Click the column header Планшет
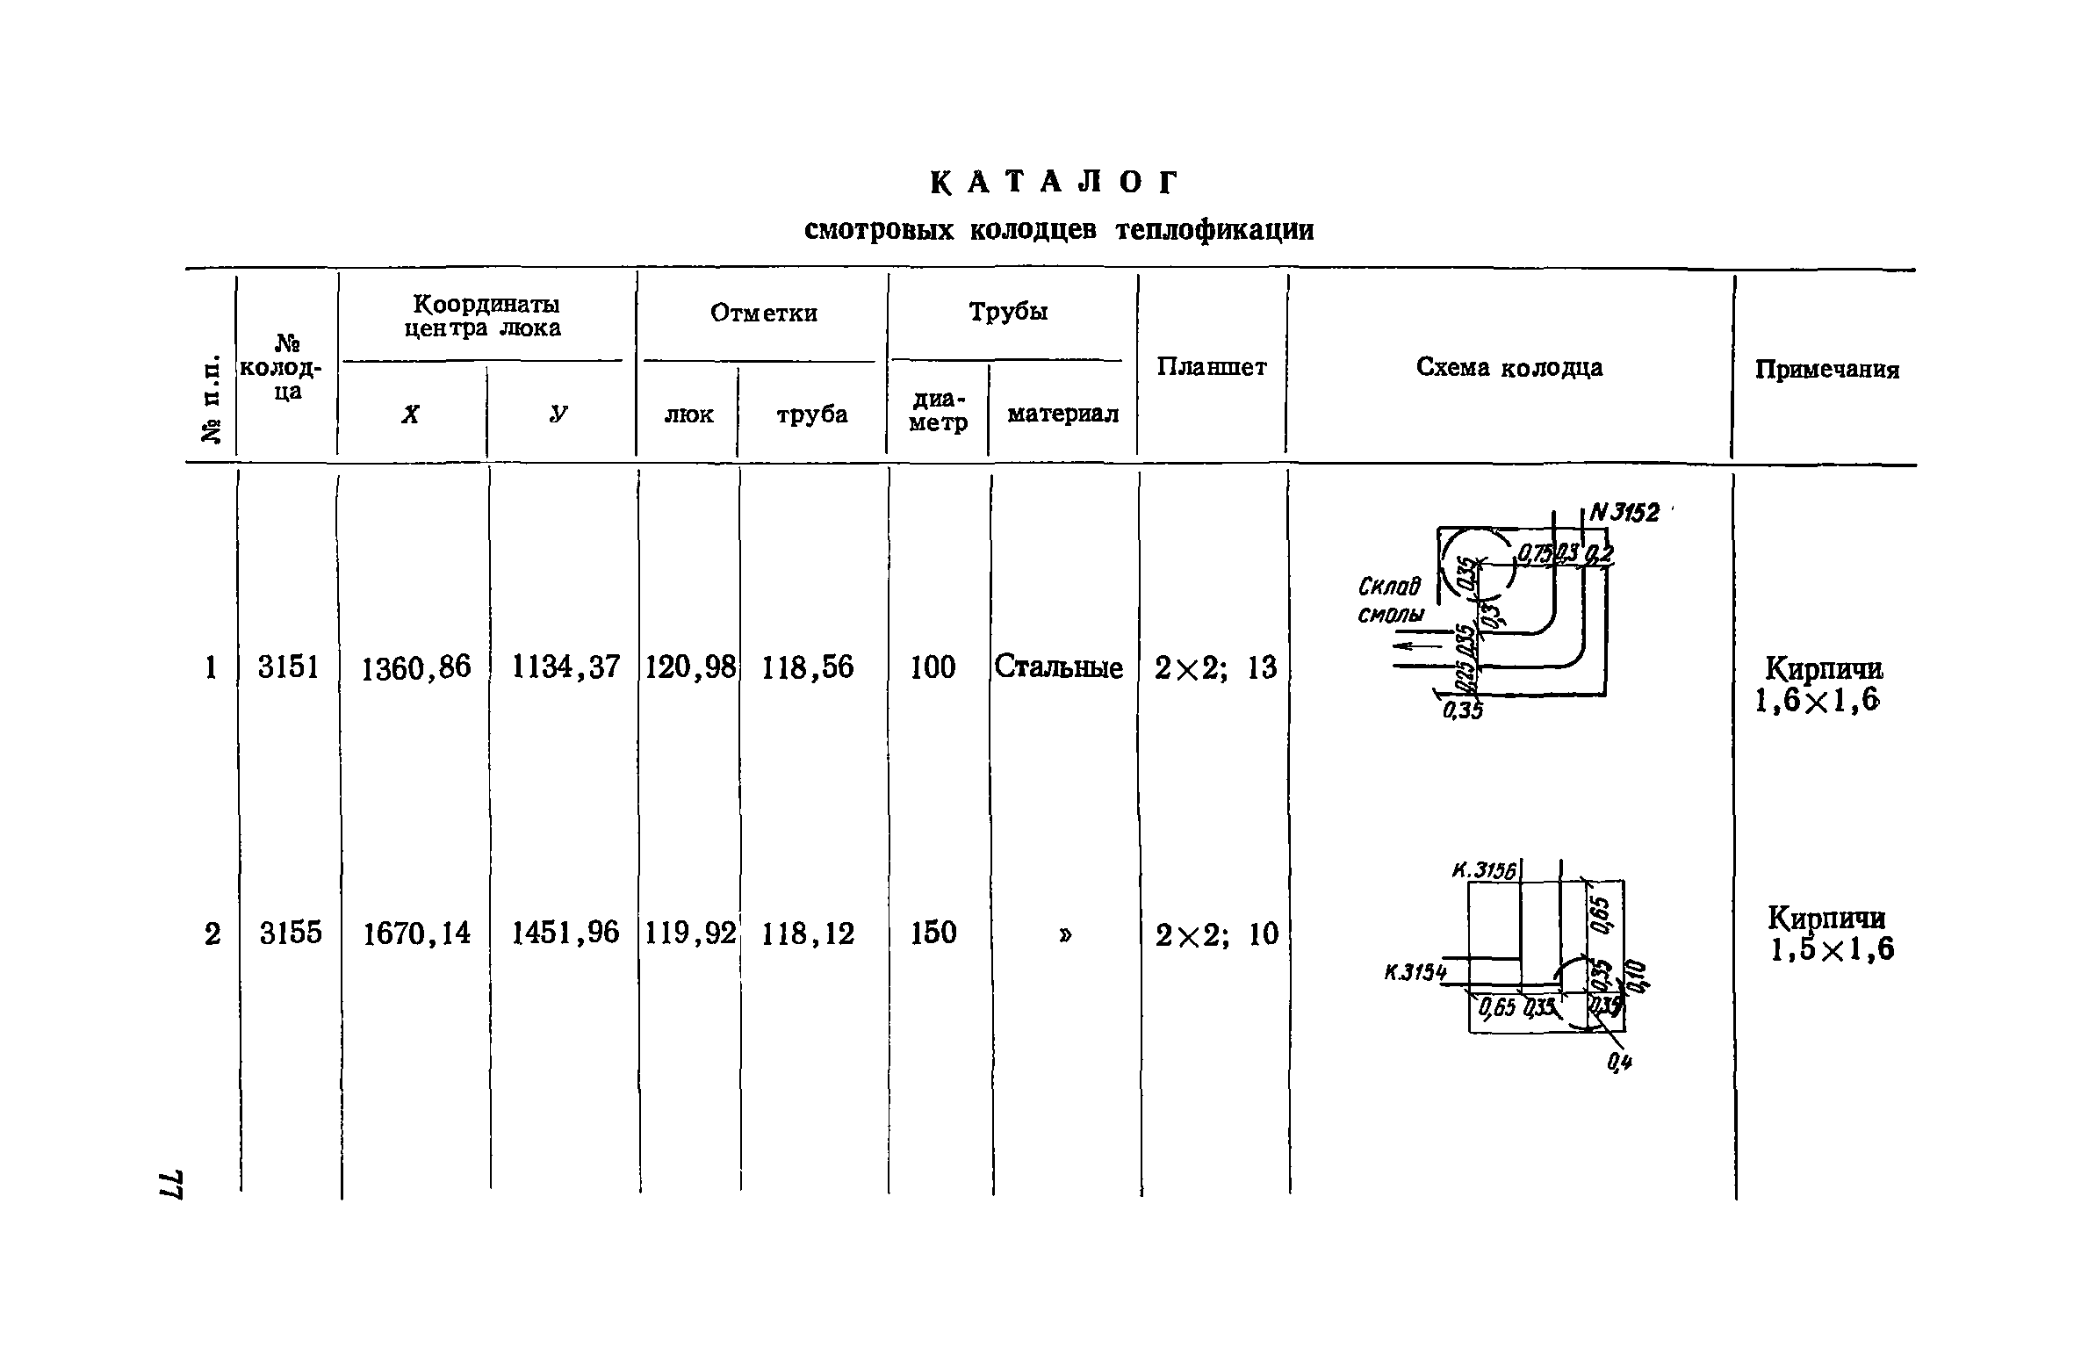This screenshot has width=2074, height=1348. point(1212,367)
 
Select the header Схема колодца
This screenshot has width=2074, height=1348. point(1509,367)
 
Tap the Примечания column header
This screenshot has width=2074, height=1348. point(1826,370)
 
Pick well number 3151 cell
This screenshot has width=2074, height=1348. point(288,667)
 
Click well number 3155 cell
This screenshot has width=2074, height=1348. point(291,933)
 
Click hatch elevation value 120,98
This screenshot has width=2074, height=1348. point(690,667)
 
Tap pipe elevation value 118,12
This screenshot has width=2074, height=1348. point(808,933)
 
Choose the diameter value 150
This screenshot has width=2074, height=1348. point(933,933)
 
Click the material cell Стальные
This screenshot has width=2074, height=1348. point(1058,667)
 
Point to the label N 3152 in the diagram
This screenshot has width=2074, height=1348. point(1624,513)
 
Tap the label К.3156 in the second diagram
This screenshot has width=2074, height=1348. point(1483,870)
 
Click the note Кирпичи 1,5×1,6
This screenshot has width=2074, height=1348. point(1830,934)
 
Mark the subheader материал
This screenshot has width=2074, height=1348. point(1062,414)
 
